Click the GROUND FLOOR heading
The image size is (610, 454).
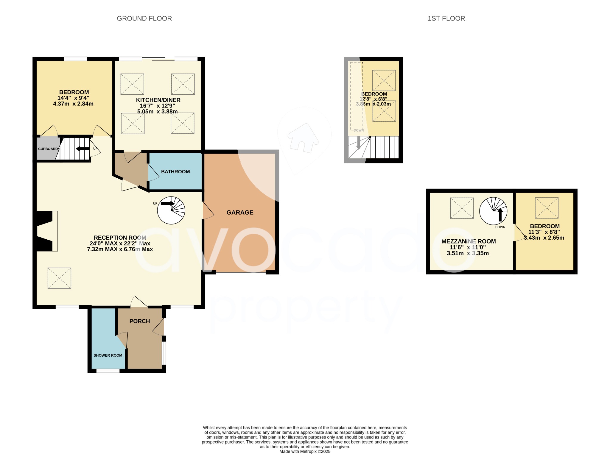coord(144,18)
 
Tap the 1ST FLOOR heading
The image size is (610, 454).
coord(446,18)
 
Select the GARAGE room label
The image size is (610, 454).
coord(240,212)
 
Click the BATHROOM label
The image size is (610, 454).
coord(175,171)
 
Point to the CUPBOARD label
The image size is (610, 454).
coord(48,149)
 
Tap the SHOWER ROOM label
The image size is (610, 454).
coord(108,355)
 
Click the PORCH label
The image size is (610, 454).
coord(139,321)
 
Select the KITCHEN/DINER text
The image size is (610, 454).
coord(158,100)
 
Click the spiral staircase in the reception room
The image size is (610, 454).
coord(171,210)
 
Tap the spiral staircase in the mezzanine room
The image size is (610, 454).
coord(493,211)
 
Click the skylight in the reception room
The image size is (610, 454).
coord(59,278)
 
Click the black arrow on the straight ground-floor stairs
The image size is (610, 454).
coord(83,149)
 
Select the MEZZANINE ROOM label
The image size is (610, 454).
coord(468,241)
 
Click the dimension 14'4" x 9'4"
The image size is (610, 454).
coord(73,98)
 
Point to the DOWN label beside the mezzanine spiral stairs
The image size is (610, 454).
coord(500,227)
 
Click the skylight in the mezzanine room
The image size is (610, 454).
coord(462,208)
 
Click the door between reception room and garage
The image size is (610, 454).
coord(208,211)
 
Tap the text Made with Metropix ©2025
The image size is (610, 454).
coord(305,451)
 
